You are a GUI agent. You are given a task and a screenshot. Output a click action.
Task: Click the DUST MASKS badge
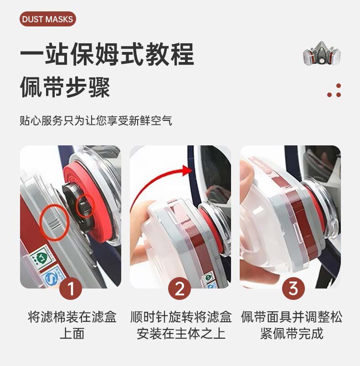(48, 19)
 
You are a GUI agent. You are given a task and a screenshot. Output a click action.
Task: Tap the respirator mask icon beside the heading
(322, 53)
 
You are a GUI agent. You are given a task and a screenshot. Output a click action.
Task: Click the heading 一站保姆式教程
(107, 54)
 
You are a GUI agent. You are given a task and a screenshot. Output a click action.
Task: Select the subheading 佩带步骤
(65, 88)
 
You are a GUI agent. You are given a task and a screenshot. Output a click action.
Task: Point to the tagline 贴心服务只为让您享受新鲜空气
(96, 121)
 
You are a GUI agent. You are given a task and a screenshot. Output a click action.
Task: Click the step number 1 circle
(71, 289)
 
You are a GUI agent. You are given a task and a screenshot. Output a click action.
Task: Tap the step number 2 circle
(180, 289)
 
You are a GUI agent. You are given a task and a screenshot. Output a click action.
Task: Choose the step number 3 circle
(293, 289)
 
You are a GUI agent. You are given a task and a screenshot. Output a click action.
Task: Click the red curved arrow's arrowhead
(187, 170)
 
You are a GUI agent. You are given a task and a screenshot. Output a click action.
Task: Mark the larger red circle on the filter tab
(54, 222)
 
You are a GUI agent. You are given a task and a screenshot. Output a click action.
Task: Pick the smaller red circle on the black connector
(85, 206)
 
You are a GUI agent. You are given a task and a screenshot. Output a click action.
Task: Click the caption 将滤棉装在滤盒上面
(72, 325)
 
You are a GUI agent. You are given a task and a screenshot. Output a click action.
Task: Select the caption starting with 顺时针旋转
(181, 325)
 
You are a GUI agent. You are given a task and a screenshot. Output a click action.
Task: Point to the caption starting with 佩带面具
(292, 325)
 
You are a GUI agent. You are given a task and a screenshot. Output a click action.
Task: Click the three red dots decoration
(334, 90)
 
